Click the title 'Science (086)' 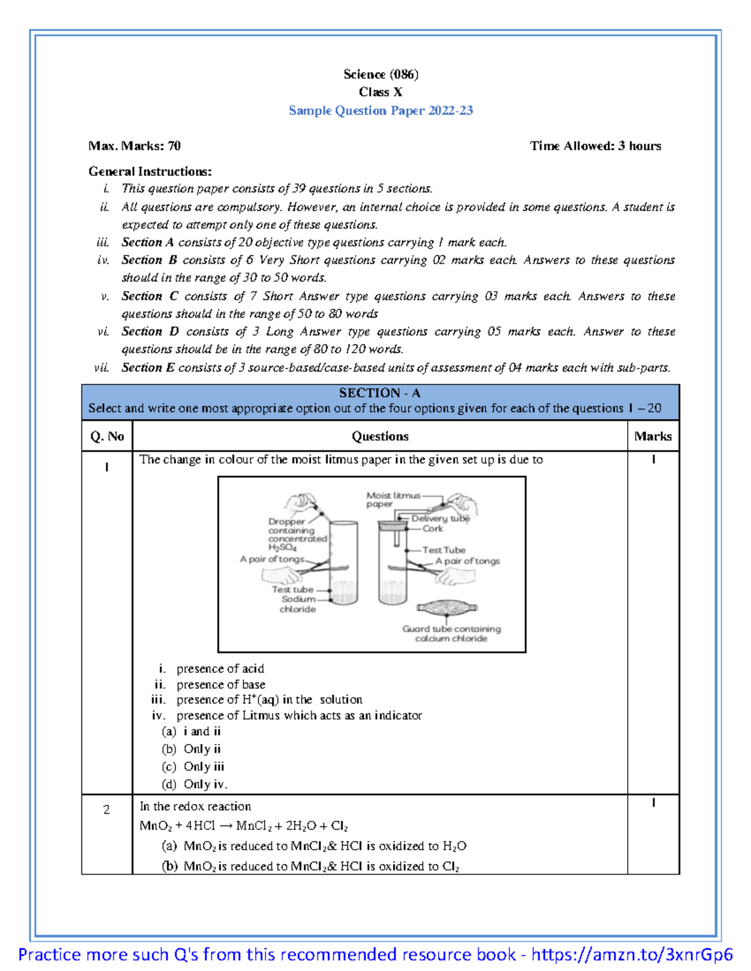pyautogui.click(x=381, y=74)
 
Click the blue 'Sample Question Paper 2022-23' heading pyautogui.click(x=381, y=111)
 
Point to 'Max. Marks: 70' pyautogui.click(x=135, y=146)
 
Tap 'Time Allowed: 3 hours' pyautogui.click(x=595, y=146)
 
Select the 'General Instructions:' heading pyautogui.click(x=150, y=171)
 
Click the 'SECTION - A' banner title pyautogui.click(x=380, y=393)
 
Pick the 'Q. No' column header pyautogui.click(x=107, y=436)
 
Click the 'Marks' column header pyautogui.click(x=653, y=436)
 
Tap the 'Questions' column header pyautogui.click(x=380, y=436)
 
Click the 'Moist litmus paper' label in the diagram pyautogui.click(x=392, y=500)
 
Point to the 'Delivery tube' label pyautogui.click(x=440, y=518)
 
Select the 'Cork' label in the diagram pyautogui.click(x=432, y=529)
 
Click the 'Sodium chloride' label pyautogui.click(x=298, y=604)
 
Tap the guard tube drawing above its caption pyautogui.click(x=447, y=608)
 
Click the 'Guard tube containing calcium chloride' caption pyautogui.click(x=451, y=633)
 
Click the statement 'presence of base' pyautogui.click(x=220, y=685)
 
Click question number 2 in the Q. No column pyautogui.click(x=106, y=810)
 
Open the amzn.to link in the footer pyautogui.click(x=631, y=955)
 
